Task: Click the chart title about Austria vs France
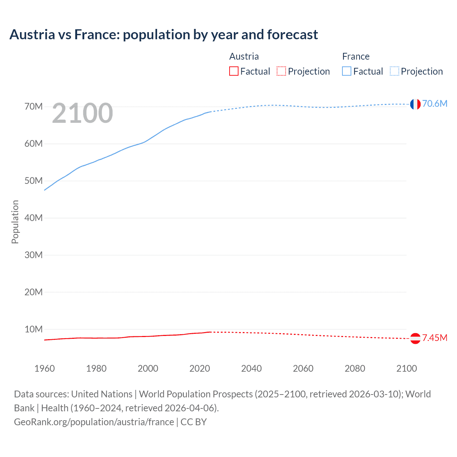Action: (x=164, y=35)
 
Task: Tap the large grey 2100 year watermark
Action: (x=82, y=113)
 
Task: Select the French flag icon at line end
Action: (x=415, y=104)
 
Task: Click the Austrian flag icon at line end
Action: (x=415, y=338)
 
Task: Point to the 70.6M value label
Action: (x=435, y=104)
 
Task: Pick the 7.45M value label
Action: (x=435, y=338)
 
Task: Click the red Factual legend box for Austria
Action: (x=234, y=71)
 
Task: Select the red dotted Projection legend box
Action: (x=281, y=71)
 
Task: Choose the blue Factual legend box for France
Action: (x=347, y=71)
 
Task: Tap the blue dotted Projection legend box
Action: (x=395, y=71)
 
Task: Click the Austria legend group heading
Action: (x=244, y=56)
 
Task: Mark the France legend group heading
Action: (x=356, y=56)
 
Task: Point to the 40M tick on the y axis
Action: (x=34, y=218)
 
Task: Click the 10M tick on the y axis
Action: (x=34, y=329)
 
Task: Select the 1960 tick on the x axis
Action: (x=45, y=368)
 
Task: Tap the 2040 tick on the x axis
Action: (x=251, y=368)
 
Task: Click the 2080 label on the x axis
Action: (x=355, y=368)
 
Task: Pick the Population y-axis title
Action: (x=15, y=222)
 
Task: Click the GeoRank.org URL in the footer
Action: (x=94, y=422)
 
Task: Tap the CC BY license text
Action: (x=194, y=422)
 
